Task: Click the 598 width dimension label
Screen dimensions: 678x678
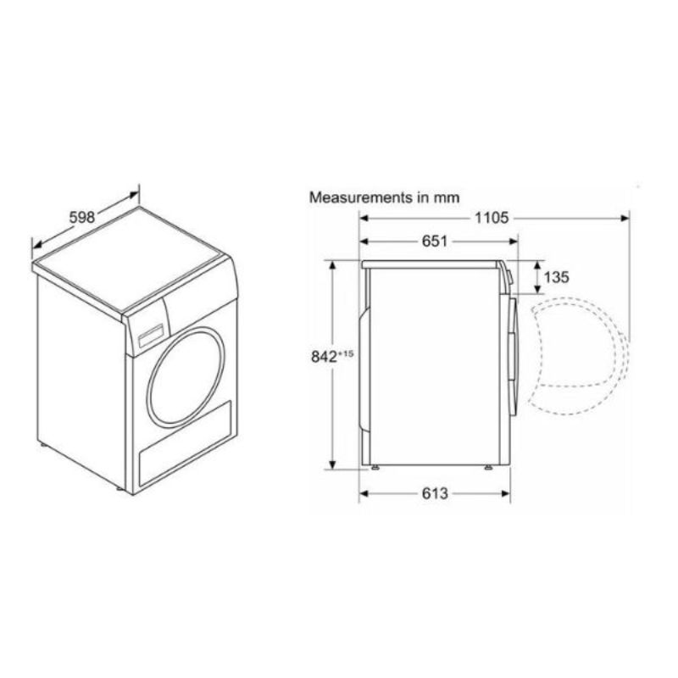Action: [x=82, y=217]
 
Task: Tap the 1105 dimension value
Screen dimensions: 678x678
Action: [x=492, y=218]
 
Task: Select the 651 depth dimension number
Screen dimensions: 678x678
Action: [x=435, y=241]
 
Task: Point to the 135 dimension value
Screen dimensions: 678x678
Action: [x=557, y=277]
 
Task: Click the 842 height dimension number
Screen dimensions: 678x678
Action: [x=324, y=357]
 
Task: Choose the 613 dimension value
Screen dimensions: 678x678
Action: [x=435, y=493]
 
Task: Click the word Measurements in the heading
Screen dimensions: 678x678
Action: [x=361, y=197]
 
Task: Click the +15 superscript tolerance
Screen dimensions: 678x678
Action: [x=346, y=353]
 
